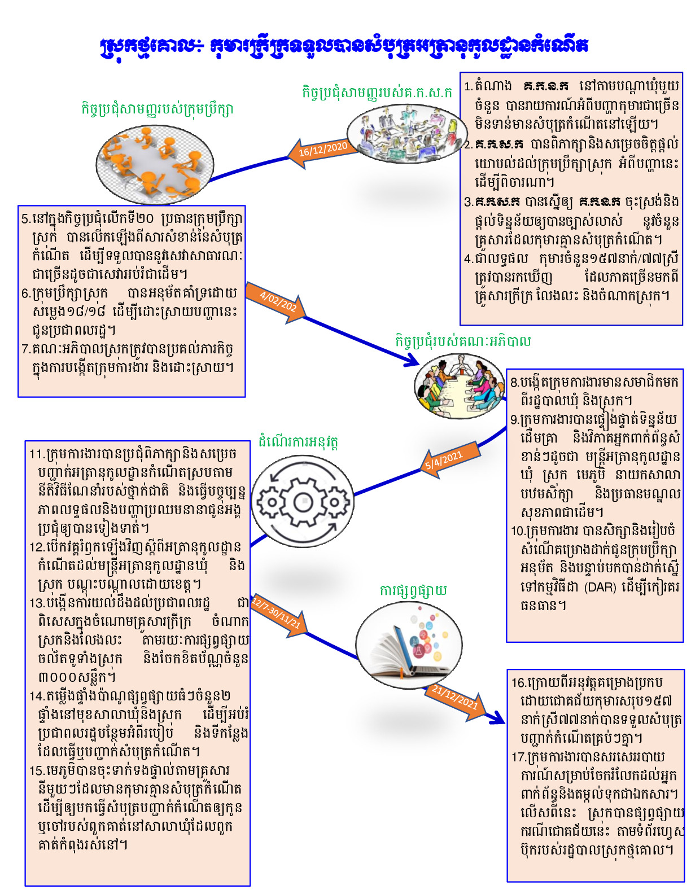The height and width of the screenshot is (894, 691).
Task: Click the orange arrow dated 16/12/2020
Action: pyautogui.click(x=322, y=151)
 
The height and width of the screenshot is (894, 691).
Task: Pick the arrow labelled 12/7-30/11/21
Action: pyautogui.click(x=278, y=615)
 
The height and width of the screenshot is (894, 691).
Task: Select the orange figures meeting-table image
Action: pyautogui.click(x=155, y=164)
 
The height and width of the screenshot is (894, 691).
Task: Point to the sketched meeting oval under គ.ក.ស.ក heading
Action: pyautogui.click(x=405, y=134)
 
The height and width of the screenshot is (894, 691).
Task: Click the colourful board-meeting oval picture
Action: pyautogui.click(x=461, y=386)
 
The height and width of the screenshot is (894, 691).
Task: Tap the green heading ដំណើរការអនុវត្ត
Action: pyautogui.click(x=298, y=442)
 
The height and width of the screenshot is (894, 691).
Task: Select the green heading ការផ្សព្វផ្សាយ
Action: pyautogui.click(x=413, y=590)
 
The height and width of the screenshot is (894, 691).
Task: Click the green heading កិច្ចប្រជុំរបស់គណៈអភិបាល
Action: pyautogui.click(x=463, y=341)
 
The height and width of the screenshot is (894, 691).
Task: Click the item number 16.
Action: pyautogui.click(x=518, y=682)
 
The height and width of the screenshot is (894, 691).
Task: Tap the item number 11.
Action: pyautogui.click(x=36, y=454)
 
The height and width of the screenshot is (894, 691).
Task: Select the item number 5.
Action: pyautogui.click(x=25, y=219)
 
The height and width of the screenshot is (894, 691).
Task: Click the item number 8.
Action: pyautogui.click(x=514, y=383)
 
